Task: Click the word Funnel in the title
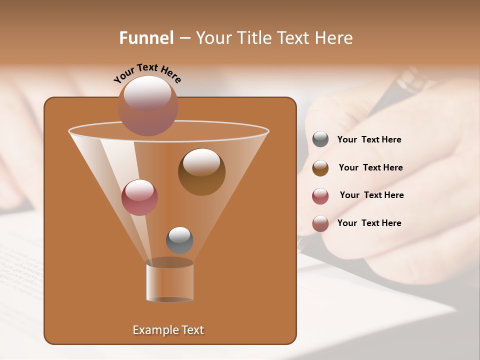pyautogui.click(x=146, y=38)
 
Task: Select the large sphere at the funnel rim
pyautogui.click(x=148, y=105)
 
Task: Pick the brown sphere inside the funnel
pyautogui.click(x=201, y=171)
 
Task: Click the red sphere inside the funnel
pyautogui.click(x=139, y=197)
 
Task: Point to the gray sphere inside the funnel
pyautogui.click(x=179, y=240)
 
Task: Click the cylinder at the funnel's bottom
pyautogui.click(x=170, y=281)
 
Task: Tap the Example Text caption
pyautogui.click(x=168, y=330)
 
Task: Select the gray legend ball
pyautogui.click(x=320, y=139)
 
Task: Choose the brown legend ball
pyautogui.click(x=320, y=167)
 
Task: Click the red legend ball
pyautogui.click(x=320, y=195)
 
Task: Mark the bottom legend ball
pyautogui.click(x=320, y=223)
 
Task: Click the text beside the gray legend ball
pyautogui.click(x=369, y=140)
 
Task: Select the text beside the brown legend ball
pyautogui.click(x=370, y=167)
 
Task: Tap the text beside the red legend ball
pyautogui.click(x=371, y=195)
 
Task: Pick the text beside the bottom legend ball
pyautogui.click(x=369, y=223)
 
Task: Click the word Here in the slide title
pyautogui.click(x=335, y=38)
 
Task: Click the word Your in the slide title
pyautogui.click(x=211, y=38)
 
